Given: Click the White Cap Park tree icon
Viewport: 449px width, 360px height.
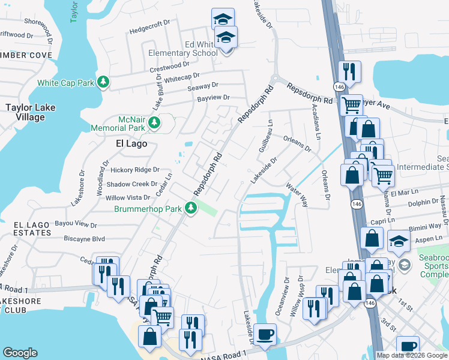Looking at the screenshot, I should [x=104, y=82].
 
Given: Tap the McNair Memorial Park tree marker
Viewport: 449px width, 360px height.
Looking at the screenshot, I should [x=154, y=123].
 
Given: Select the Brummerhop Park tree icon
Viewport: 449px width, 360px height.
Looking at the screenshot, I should [x=191, y=209].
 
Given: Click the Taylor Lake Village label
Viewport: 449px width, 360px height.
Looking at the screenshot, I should [x=25, y=112].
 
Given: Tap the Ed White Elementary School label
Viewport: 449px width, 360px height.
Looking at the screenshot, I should [x=184, y=49].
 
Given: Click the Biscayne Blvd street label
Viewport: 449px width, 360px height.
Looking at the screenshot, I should [x=84, y=239].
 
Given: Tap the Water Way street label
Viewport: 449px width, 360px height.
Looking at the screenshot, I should [x=297, y=194].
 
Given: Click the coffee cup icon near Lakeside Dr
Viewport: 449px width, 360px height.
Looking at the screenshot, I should [x=265, y=335].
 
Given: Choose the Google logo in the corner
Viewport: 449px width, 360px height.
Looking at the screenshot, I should [x=20, y=353].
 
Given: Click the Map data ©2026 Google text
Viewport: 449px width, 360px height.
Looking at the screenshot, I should [x=412, y=355].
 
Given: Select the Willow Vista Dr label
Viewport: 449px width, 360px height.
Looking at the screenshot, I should [x=128, y=197].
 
